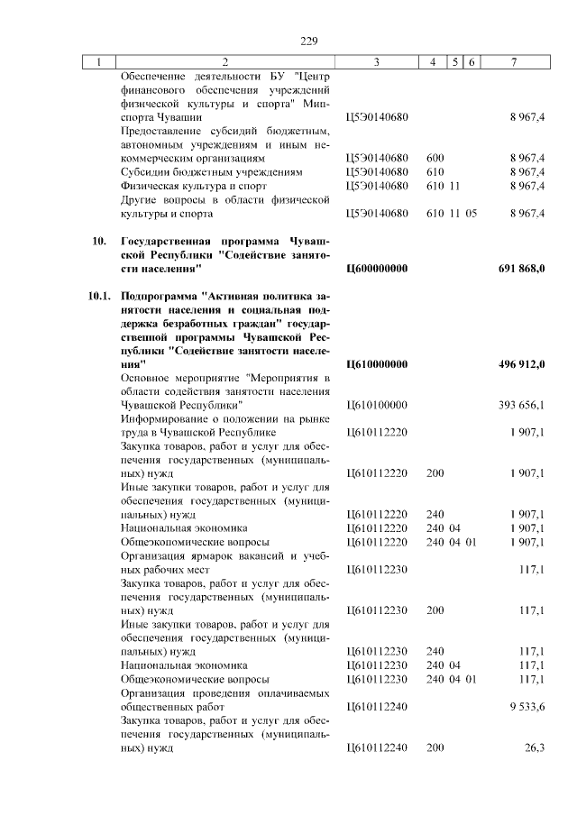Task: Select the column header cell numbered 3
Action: (375, 62)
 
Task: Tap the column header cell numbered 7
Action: (513, 62)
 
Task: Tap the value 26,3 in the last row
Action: (535, 748)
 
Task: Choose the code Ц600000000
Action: (377, 269)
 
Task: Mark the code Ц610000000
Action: (377, 363)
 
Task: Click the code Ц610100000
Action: (377, 405)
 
